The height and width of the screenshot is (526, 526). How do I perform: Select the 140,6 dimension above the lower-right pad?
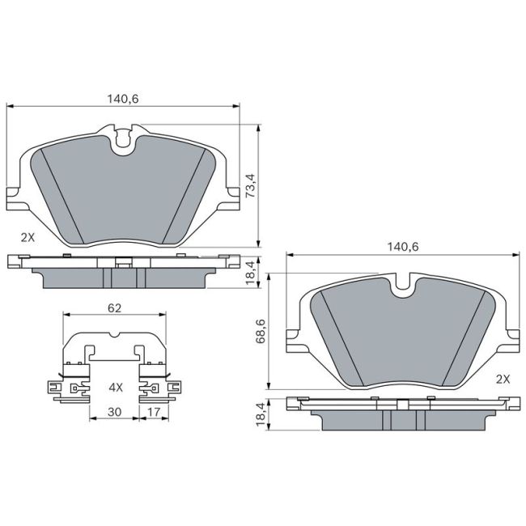point(401,247)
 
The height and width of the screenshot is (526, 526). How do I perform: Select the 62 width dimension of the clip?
point(114,308)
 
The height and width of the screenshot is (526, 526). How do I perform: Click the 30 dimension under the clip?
point(114,413)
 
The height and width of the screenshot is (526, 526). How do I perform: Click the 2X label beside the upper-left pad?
point(28,237)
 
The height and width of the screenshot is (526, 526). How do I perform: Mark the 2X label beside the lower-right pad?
point(502,378)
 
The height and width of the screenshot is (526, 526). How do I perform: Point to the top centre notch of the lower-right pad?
point(403,284)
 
